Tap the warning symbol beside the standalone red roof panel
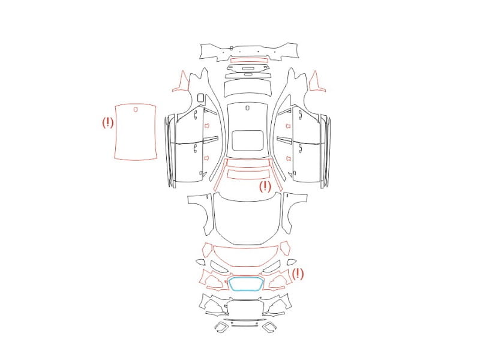click(108, 122)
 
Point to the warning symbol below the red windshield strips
click(265, 187)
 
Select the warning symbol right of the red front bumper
click(298, 274)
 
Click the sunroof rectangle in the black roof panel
click(232, 141)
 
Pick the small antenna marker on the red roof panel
click(136, 109)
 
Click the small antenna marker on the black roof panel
click(248, 108)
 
